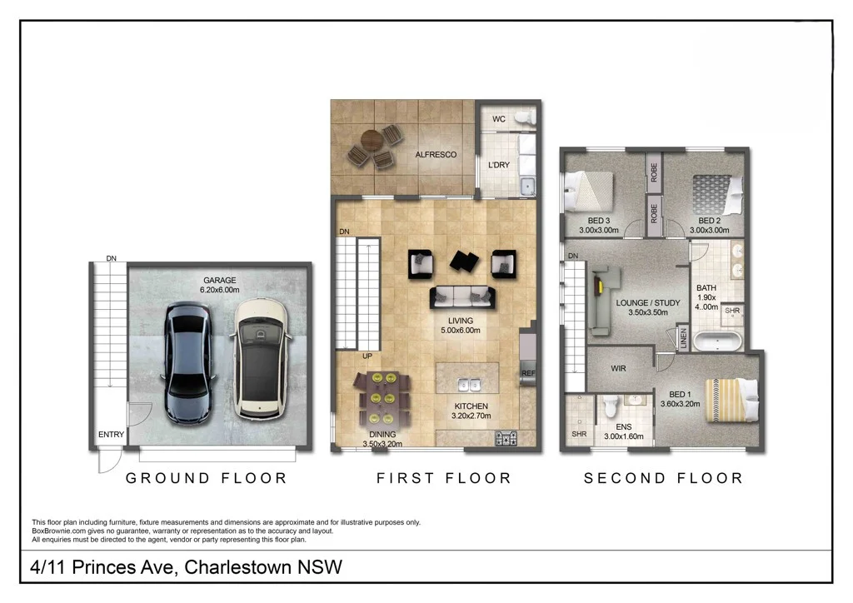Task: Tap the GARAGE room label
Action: (219, 281)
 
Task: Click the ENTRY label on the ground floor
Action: (111, 435)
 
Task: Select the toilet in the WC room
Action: (523, 119)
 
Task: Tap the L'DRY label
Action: (498, 165)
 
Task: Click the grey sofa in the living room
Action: (461, 296)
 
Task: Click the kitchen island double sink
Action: (467, 385)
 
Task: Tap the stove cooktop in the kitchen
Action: (506, 437)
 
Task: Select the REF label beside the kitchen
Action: (527, 373)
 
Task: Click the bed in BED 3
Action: (588, 191)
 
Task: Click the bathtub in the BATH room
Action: (716, 340)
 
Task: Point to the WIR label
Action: (617, 367)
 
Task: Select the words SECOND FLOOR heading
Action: (663, 478)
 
